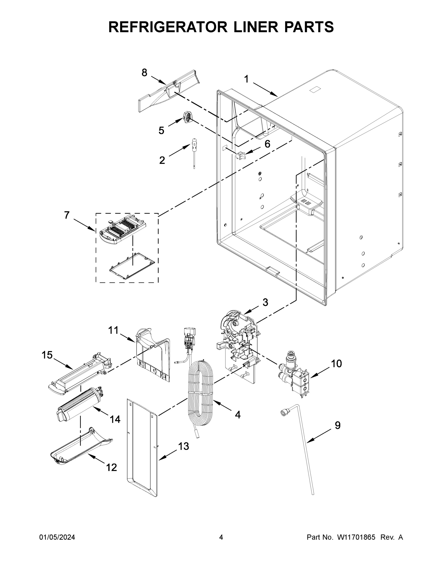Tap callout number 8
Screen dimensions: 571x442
pos(144,72)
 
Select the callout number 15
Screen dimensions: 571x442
pos(47,355)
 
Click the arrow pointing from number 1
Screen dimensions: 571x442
pos(265,90)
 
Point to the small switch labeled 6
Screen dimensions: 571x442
pos(240,156)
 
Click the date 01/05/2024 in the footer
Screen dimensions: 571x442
pos(57,537)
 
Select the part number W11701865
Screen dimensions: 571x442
pos(356,537)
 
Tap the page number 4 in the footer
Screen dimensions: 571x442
pos(221,537)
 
